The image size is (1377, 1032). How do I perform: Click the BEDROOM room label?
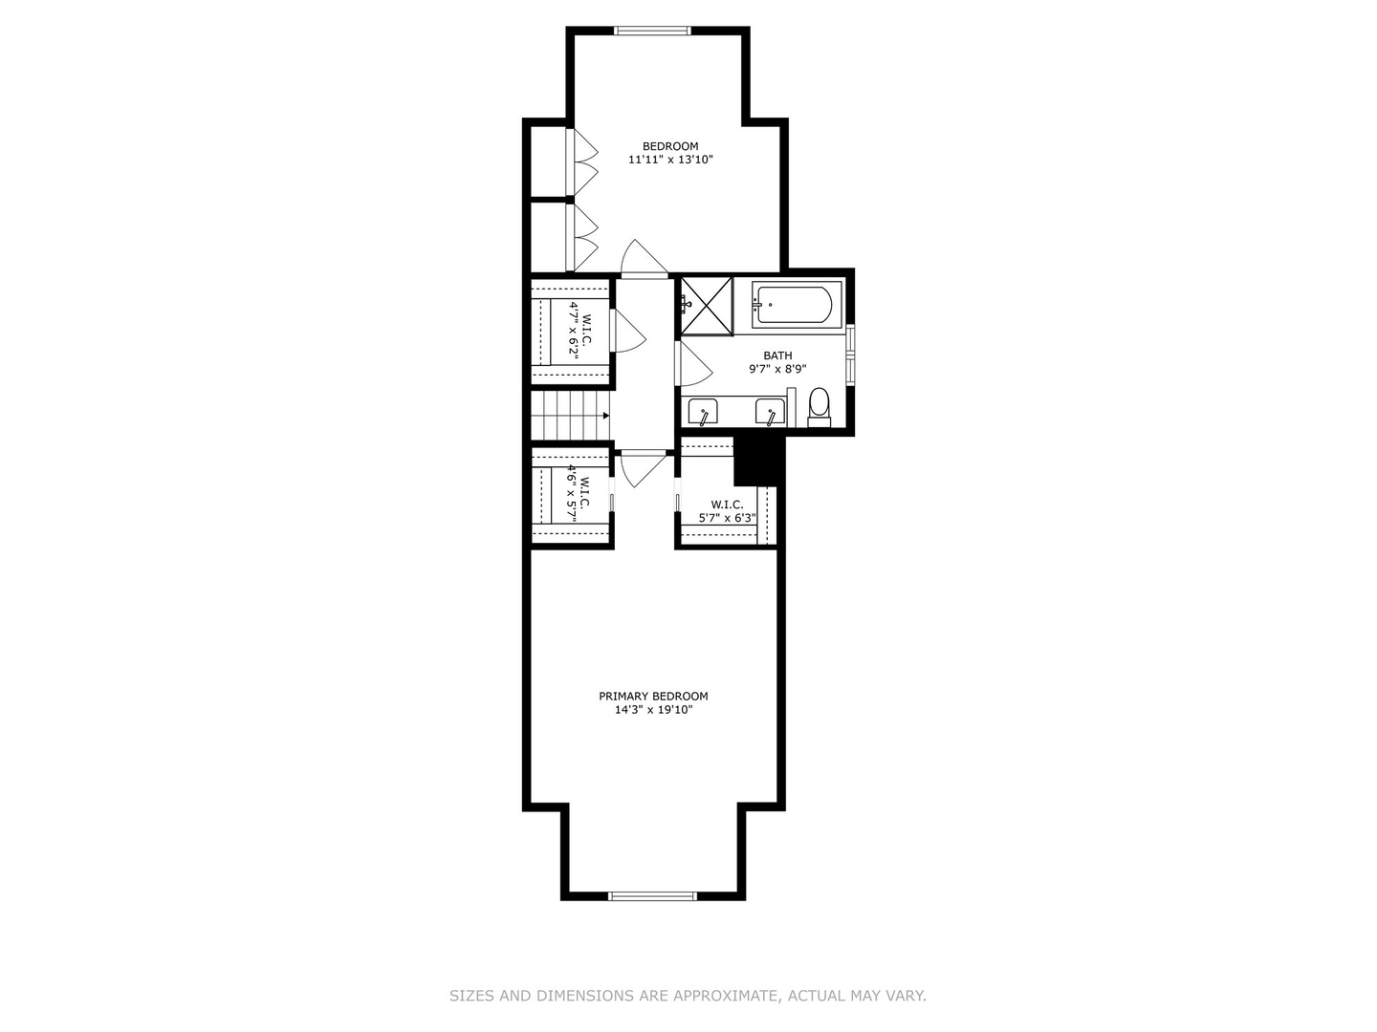pos(670,146)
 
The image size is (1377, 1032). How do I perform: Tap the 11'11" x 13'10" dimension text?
pos(670,160)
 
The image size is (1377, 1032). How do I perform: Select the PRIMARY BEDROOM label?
pos(653,697)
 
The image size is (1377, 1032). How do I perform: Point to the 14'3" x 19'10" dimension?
pos(653,710)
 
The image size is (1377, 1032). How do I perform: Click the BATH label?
pos(777,355)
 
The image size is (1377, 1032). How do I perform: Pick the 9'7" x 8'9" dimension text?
pos(777,369)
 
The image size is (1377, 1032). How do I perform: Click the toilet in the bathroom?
pos(819,407)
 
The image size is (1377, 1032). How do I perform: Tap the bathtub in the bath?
pos(793,305)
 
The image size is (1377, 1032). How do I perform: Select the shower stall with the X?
pos(707,307)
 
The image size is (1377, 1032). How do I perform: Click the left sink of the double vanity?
pos(703,413)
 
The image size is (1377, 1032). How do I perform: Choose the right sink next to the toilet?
pos(771,413)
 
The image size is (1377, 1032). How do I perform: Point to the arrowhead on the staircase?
pos(606,416)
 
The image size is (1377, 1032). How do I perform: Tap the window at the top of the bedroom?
pos(652,31)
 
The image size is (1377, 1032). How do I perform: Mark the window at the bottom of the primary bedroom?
pos(652,896)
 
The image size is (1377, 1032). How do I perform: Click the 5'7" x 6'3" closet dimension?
pos(727,518)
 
